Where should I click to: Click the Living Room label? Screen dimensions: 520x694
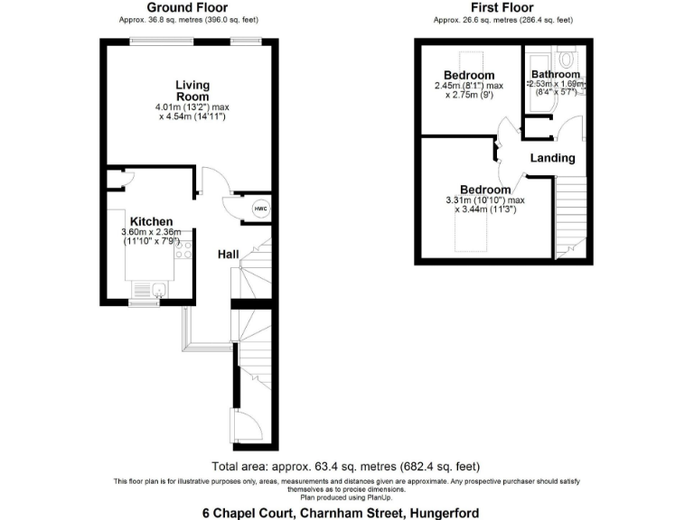coord(192,91)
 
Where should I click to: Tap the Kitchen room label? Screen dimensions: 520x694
coord(151,221)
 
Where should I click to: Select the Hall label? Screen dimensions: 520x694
coord(228,255)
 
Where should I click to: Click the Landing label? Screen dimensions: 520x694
coord(552,158)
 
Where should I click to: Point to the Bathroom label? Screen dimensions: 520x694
coord(555,74)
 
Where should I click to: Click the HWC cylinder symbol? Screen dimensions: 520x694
coord(260,209)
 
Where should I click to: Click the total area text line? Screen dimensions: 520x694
coord(346,467)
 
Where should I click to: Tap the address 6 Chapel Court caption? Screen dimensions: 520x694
coord(346,512)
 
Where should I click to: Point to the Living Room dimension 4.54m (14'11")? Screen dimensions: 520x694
coord(192,116)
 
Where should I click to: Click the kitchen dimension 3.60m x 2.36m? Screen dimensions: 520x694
coord(152,232)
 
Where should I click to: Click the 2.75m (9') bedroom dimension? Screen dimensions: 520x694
coord(469,95)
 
